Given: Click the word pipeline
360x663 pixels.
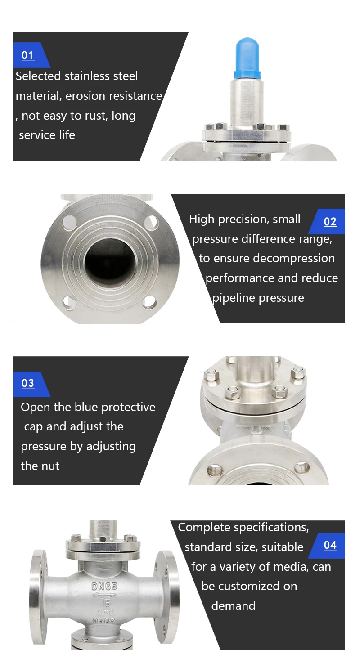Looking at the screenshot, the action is click(x=234, y=298).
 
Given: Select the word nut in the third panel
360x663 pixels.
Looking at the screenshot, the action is click(x=51, y=466).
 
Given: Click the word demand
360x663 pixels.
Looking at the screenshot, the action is click(x=233, y=606).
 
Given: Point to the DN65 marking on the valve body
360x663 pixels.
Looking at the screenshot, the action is click(x=104, y=587).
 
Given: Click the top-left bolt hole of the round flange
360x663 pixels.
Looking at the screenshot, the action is click(x=70, y=222).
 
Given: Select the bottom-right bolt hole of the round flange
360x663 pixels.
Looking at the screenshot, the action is click(x=149, y=302).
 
